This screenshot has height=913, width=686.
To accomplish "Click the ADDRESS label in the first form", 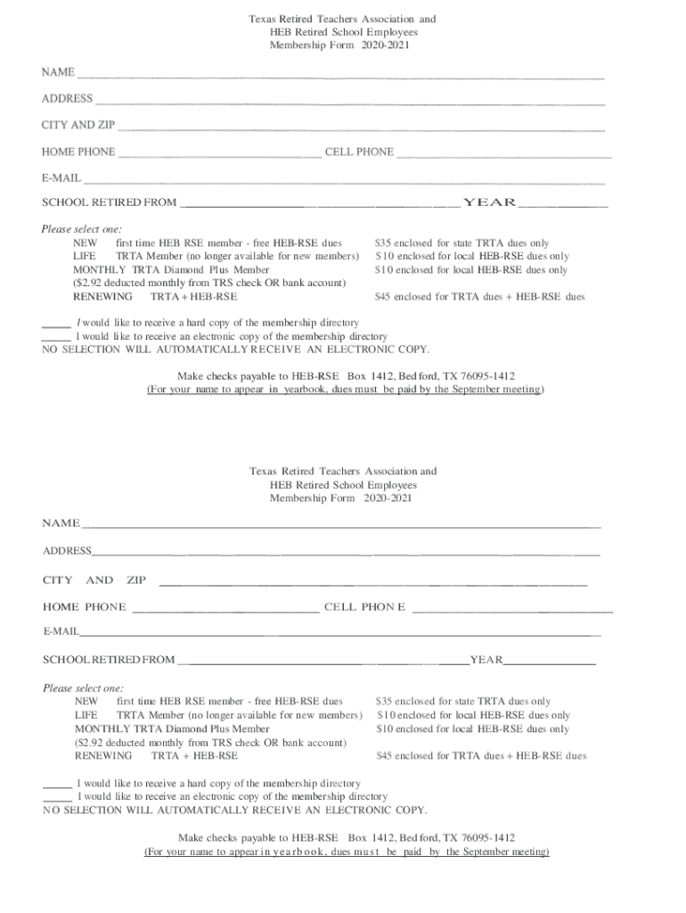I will point(67,99).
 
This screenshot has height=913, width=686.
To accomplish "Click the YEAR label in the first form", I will point(489,202).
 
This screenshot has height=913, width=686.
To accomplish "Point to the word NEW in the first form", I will point(86,243).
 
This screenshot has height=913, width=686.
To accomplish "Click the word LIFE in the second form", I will point(86,715).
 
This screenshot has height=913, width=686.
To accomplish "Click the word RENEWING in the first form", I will point(102,296).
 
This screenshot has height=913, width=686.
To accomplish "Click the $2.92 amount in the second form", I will point(92,742).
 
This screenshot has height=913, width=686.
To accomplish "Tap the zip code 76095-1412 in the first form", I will point(484,376).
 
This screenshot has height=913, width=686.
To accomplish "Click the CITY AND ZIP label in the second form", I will point(94,580).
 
